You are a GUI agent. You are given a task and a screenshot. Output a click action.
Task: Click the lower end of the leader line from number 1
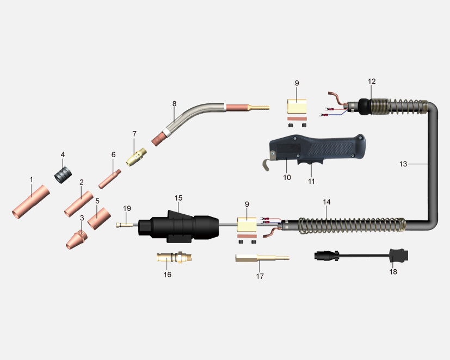tap(31, 197)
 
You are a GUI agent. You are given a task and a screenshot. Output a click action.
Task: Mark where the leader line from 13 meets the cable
tap(428, 164)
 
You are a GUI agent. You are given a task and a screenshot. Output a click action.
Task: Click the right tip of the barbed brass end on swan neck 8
tap(269, 108)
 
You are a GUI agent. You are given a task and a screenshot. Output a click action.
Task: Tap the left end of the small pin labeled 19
tap(116, 225)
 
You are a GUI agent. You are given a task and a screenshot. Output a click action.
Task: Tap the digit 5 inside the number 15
tap(180, 198)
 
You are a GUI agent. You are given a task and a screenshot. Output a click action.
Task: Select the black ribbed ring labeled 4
tap(63, 175)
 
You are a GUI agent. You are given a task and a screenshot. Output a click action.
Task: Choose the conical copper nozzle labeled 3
tap(77, 239)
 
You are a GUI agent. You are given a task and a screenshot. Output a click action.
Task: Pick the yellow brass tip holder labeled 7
tap(137, 157)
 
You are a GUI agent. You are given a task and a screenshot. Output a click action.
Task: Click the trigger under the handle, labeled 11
tap(311, 164)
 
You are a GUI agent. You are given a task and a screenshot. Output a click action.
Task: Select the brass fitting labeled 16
tap(174, 257)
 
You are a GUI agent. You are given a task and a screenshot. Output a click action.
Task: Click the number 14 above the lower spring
tap(326, 202)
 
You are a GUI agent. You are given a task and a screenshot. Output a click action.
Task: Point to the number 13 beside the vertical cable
tap(403, 164)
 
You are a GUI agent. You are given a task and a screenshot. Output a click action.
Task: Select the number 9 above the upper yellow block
tap(297, 83)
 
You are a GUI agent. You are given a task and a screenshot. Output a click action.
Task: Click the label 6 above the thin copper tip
tap(113, 154)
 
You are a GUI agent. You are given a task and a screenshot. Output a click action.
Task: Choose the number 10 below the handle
tap(287, 177)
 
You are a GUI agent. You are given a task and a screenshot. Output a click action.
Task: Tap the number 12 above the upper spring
tap(372, 81)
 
